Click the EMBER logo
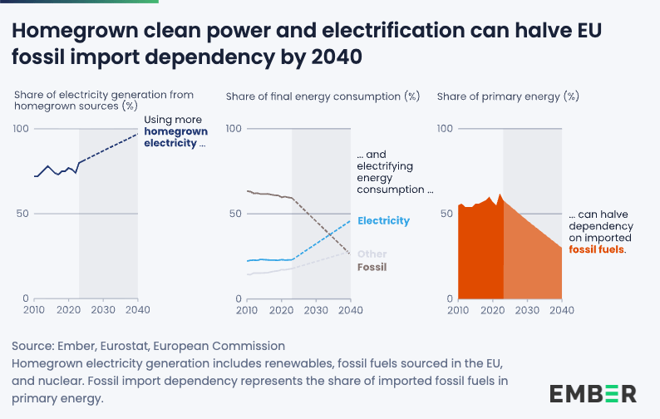593,393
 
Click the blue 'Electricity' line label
383,220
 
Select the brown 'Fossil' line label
372,268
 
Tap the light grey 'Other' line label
372,254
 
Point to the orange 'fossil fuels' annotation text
597,249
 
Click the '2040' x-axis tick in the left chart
137,310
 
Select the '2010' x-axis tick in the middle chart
246,310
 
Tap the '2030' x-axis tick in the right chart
527,310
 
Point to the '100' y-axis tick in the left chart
20,129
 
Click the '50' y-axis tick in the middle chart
234,214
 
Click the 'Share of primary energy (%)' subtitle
507,96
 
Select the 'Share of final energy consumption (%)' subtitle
323,96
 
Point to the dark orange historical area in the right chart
480,258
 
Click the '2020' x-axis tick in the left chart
68,310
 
